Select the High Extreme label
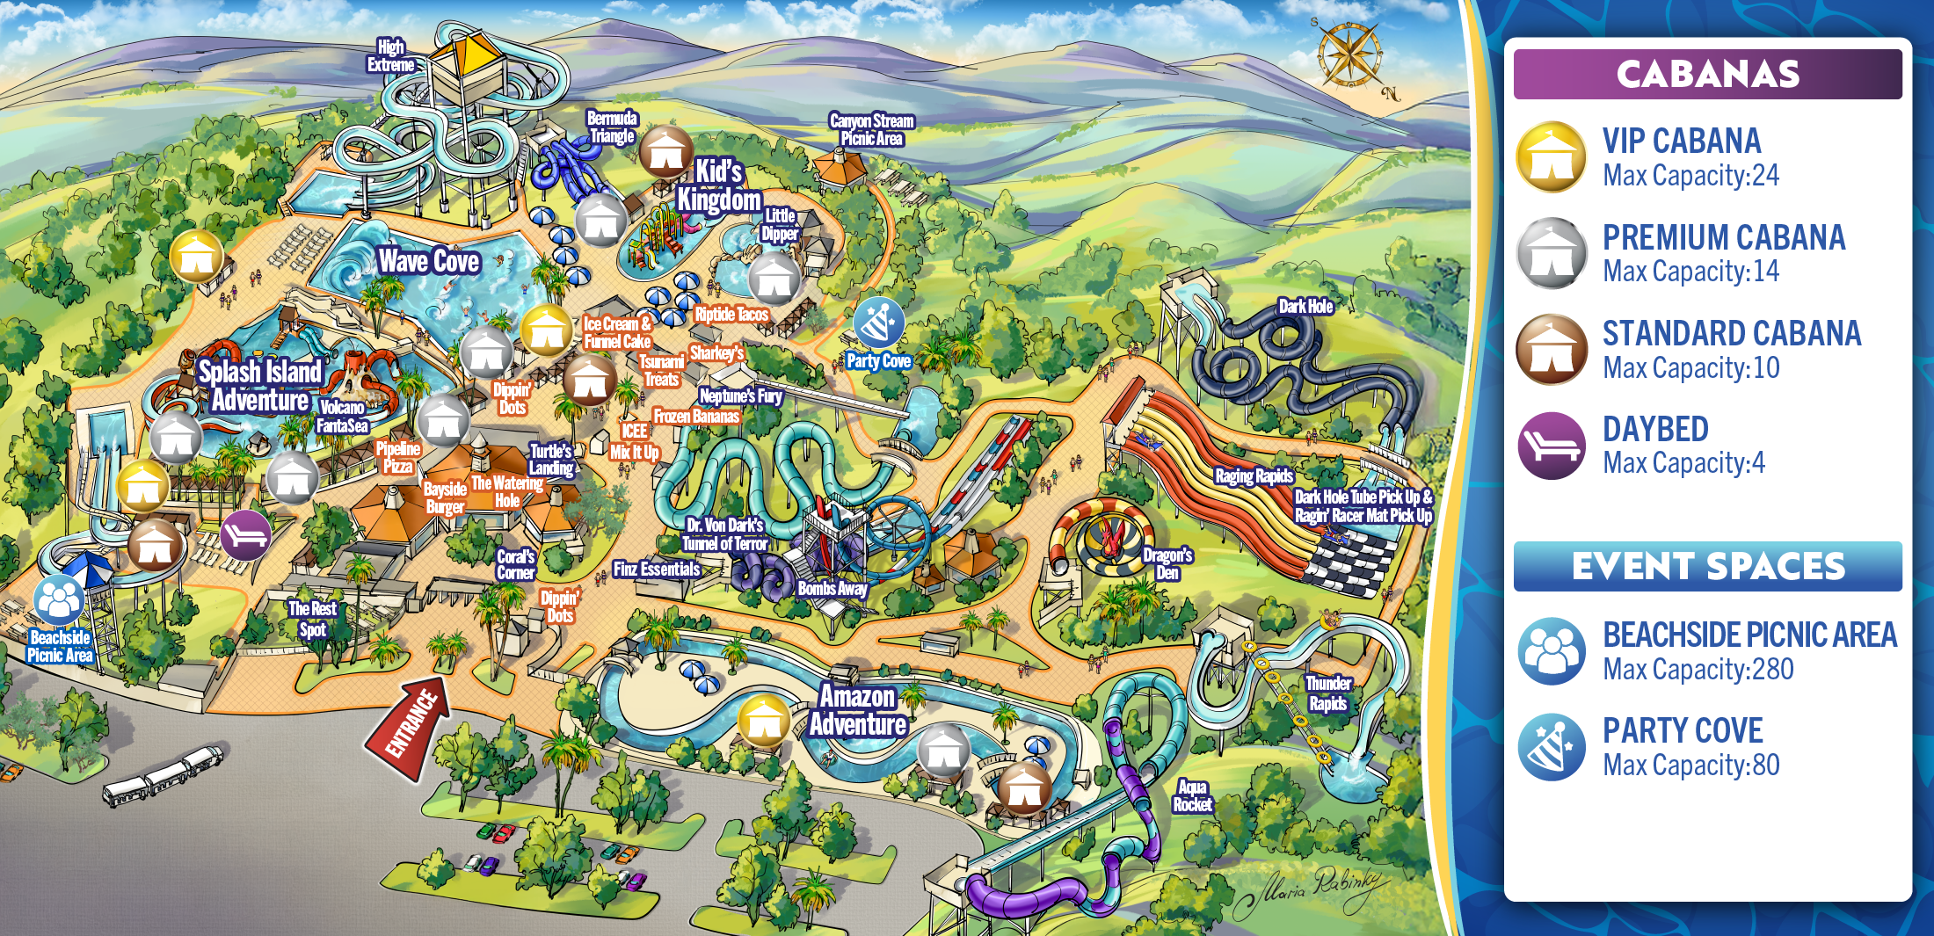390,56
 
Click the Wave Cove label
428,261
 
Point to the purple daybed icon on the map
245,534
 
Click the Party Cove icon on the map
878,323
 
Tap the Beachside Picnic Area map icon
59,600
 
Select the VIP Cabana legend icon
1552,157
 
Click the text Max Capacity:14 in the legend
1690,272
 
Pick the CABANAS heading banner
1707,74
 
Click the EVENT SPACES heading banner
1707,566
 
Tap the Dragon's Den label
1167,563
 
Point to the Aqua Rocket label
1192,795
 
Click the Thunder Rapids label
1327,693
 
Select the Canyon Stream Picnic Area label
871,129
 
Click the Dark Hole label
1305,306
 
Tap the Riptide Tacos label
731,315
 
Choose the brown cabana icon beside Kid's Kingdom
665,153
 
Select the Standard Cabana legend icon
1552,350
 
